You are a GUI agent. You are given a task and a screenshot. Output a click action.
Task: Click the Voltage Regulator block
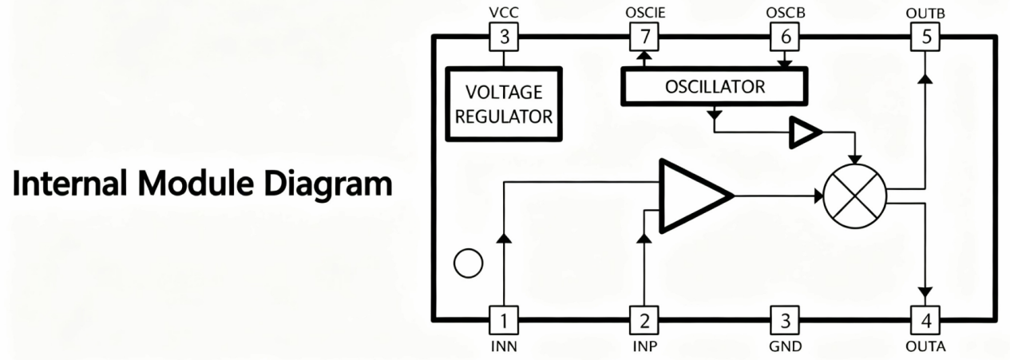pos(504,104)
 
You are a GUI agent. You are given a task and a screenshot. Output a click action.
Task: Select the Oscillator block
pos(715,86)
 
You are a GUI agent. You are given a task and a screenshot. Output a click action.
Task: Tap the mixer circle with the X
pos(854,196)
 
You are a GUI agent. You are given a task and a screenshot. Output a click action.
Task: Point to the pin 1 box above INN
pos(504,320)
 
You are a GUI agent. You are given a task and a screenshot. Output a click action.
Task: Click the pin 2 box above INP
pos(644,320)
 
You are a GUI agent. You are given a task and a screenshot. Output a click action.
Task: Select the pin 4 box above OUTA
pos(925,320)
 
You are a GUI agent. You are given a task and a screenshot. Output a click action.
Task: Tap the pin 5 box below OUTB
pos(925,37)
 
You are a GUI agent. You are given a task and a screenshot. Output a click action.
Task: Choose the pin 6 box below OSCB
pos(785,37)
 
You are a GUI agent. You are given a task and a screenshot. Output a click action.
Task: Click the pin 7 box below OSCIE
pos(644,37)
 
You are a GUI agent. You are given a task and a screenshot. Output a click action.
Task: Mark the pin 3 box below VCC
pos(504,37)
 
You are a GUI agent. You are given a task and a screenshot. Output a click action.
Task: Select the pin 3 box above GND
pos(785,320)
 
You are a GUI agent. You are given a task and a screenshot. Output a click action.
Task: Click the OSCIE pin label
pos(645,12)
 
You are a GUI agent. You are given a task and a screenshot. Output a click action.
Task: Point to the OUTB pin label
pos(925,13)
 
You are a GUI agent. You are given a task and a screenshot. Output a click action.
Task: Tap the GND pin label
pos(786,346)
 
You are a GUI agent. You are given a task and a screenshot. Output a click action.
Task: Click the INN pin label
pos(504,346)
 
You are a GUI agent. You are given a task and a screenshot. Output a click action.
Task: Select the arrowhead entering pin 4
pos(925,293)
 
